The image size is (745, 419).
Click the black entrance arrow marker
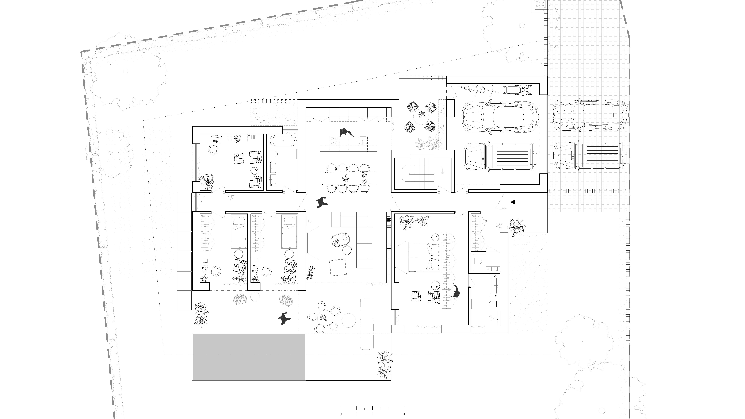[x=513, y=202]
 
